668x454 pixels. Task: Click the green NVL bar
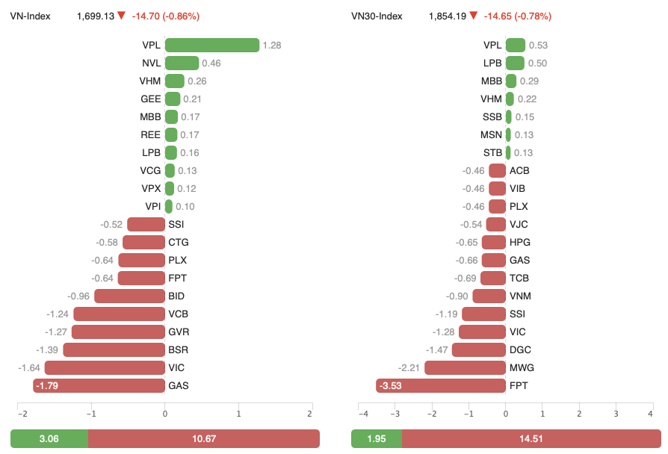tap(182, 63)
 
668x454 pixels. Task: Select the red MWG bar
tap(465, 368)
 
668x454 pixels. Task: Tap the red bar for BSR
tap(114, 350)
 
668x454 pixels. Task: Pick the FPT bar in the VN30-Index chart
tap(441, 386)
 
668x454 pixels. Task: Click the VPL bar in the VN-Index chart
tap(212, 46)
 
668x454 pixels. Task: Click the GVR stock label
tap(177, 332)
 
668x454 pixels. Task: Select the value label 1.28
tap(272, 46)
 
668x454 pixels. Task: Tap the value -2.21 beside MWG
tap(409, 368)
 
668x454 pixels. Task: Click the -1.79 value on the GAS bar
tap(49, 386)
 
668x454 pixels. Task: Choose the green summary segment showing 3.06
tap(49, 438)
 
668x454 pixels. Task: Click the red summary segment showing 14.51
tap(531, 438)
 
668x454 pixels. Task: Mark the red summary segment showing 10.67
tap(204, 438)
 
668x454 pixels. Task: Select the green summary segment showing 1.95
tap(377, 438)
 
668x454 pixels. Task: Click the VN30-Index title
tap(377, 16)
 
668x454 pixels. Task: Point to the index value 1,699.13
tap(95, 16)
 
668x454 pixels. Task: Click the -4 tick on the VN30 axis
tap(363, 414)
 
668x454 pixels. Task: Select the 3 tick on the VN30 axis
tap(616, 414)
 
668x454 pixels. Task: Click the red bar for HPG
tap(494, 243)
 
